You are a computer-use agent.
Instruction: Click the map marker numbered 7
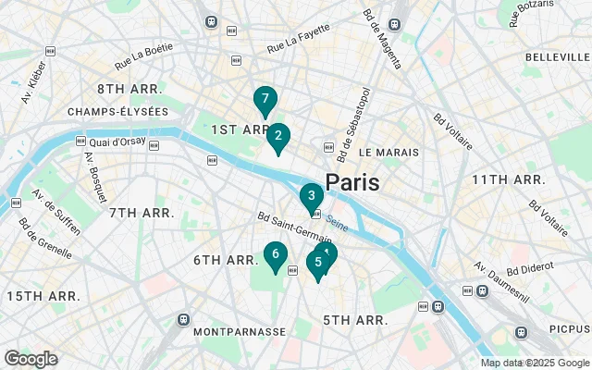point(265,99)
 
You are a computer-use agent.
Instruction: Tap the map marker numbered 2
point(278,137)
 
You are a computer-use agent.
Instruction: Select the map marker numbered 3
point(312,196)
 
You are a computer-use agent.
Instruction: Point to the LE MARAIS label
point(388,152)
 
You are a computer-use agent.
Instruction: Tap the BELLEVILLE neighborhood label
point(550,57)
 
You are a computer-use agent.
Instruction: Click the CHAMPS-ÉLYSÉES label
point(117,112)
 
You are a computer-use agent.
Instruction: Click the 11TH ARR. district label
point(508,179)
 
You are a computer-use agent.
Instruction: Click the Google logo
point(31,359)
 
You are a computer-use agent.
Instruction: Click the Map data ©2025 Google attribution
point(535,363)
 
